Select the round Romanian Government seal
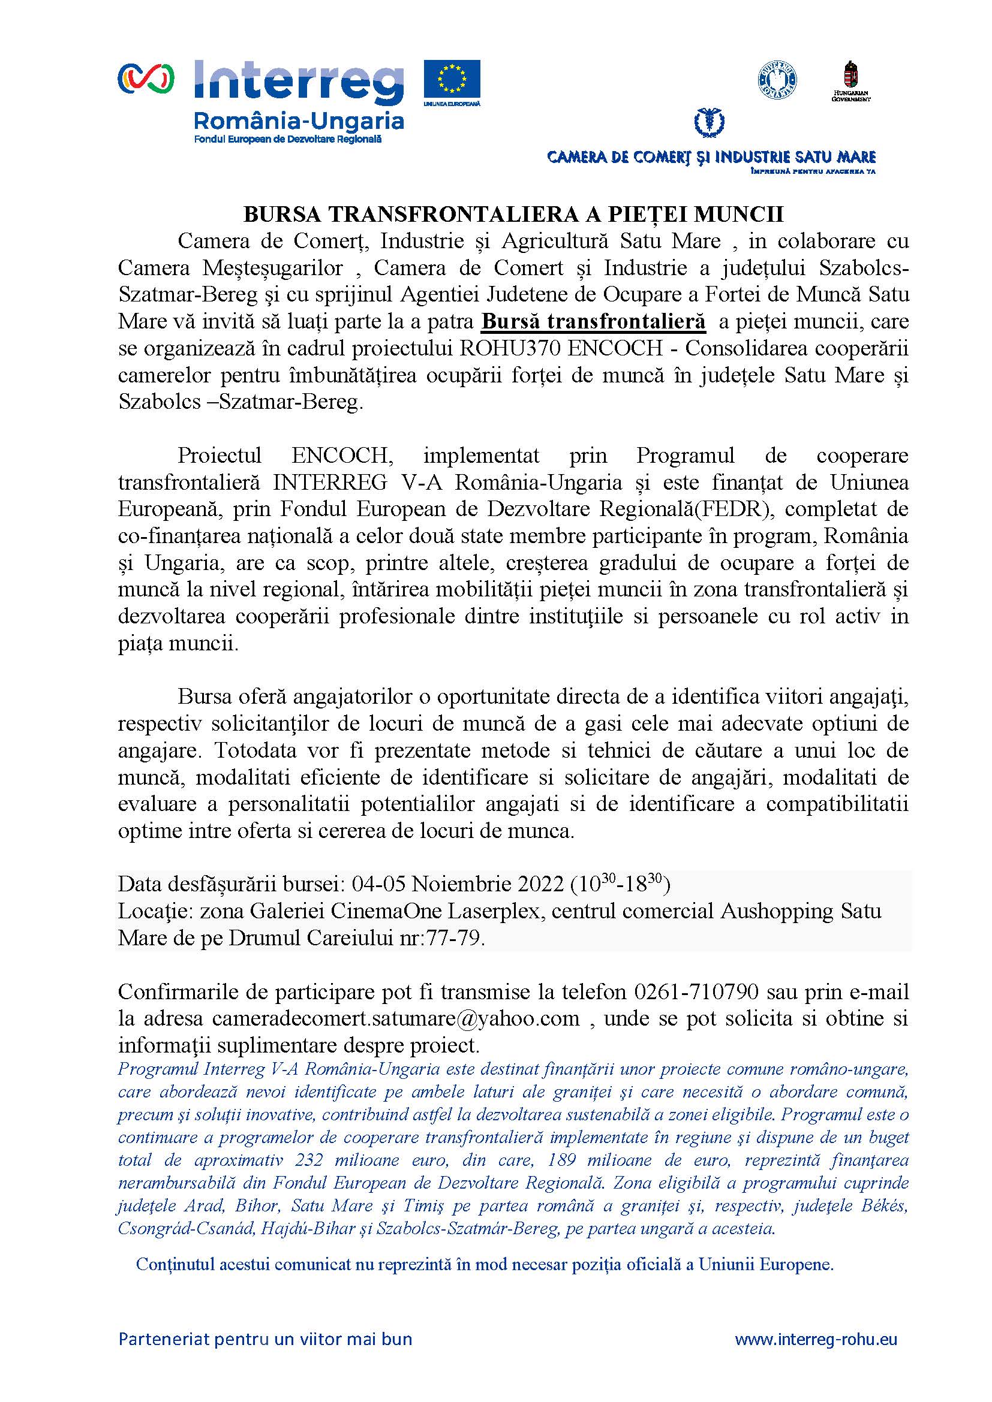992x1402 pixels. pyautogui.click(x=778, y=79)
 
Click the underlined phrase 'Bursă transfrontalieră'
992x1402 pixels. pyautogui.click(x=593, y=321)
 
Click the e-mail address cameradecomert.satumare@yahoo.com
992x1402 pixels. pyautogui.click(x=396, y=1018)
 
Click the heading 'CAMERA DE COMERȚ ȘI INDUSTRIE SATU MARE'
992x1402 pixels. pyautogui.click(x=712, y=158)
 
